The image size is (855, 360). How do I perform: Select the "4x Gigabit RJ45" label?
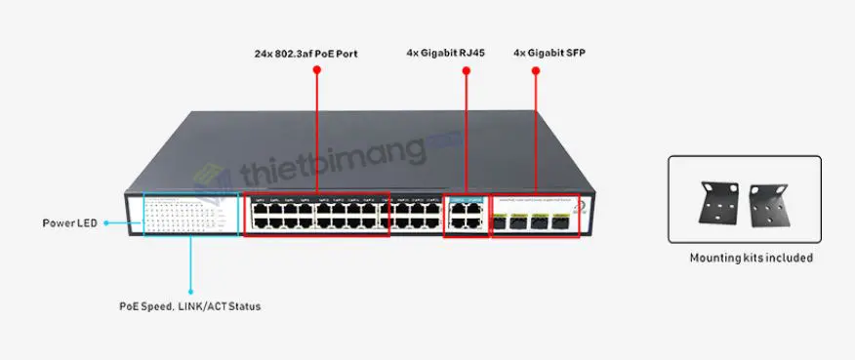(x=445, y=53)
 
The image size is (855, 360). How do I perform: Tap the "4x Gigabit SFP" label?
(x=550, y=53)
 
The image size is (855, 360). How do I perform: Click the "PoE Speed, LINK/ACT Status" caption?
(x=189, y=306)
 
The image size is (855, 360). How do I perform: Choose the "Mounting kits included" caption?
(x=751, y=259)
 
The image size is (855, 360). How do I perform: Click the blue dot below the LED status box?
(x=190, y=291)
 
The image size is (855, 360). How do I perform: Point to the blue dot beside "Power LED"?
(x=106, y=223)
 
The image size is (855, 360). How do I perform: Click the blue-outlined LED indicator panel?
(x=190, y=214)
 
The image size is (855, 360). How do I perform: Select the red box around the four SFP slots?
(x=533, y=214)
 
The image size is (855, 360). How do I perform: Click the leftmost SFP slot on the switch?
(x=501, y=220)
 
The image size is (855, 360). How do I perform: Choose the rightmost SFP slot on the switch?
(x=560, y=220)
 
